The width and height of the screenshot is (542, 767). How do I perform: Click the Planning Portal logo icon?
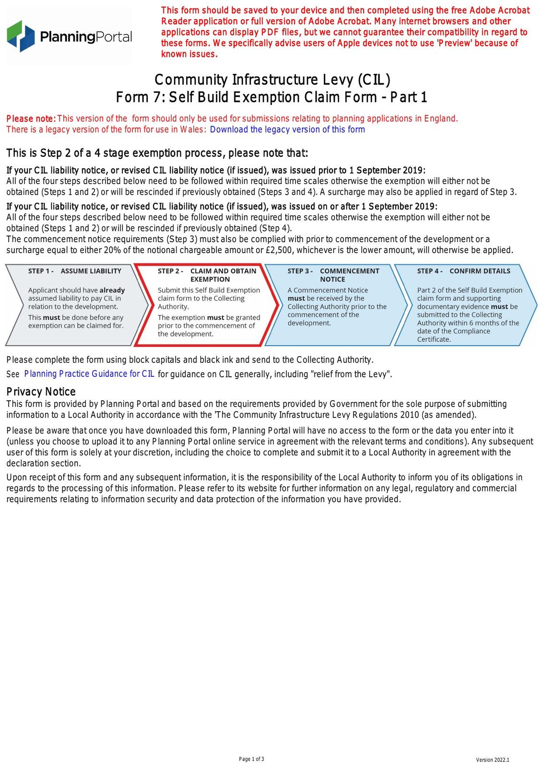[x=21, y=36]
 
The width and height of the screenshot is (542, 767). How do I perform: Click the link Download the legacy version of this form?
[x=287, y=129]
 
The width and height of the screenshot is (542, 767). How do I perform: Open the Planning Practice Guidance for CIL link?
[x=89, y=374]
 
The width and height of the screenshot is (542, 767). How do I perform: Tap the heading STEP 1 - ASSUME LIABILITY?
[x=74, y=271]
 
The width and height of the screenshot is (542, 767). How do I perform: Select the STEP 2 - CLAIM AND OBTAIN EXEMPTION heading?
[x=207, y=275]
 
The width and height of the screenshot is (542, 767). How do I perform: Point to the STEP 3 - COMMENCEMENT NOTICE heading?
[x=333, y=275]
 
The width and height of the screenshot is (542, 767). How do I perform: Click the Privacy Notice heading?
[x=41, y=392]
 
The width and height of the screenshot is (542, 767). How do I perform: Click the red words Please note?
[x=31, y=118]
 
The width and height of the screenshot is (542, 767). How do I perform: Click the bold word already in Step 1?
[x=112, y=290]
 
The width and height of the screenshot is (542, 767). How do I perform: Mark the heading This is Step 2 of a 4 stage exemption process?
[x=157, y=153]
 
